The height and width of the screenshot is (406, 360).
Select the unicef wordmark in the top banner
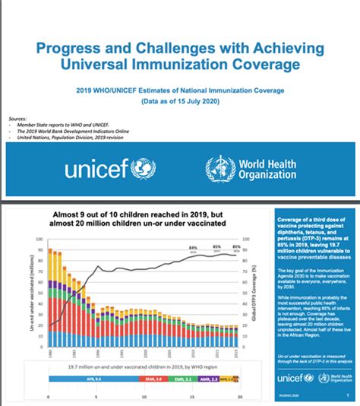[97, 169]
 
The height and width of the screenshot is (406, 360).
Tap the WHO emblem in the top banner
[217, 169]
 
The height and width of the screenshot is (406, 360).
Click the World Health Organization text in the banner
[266, 169]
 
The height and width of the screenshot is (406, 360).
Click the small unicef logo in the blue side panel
[295, 378]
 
